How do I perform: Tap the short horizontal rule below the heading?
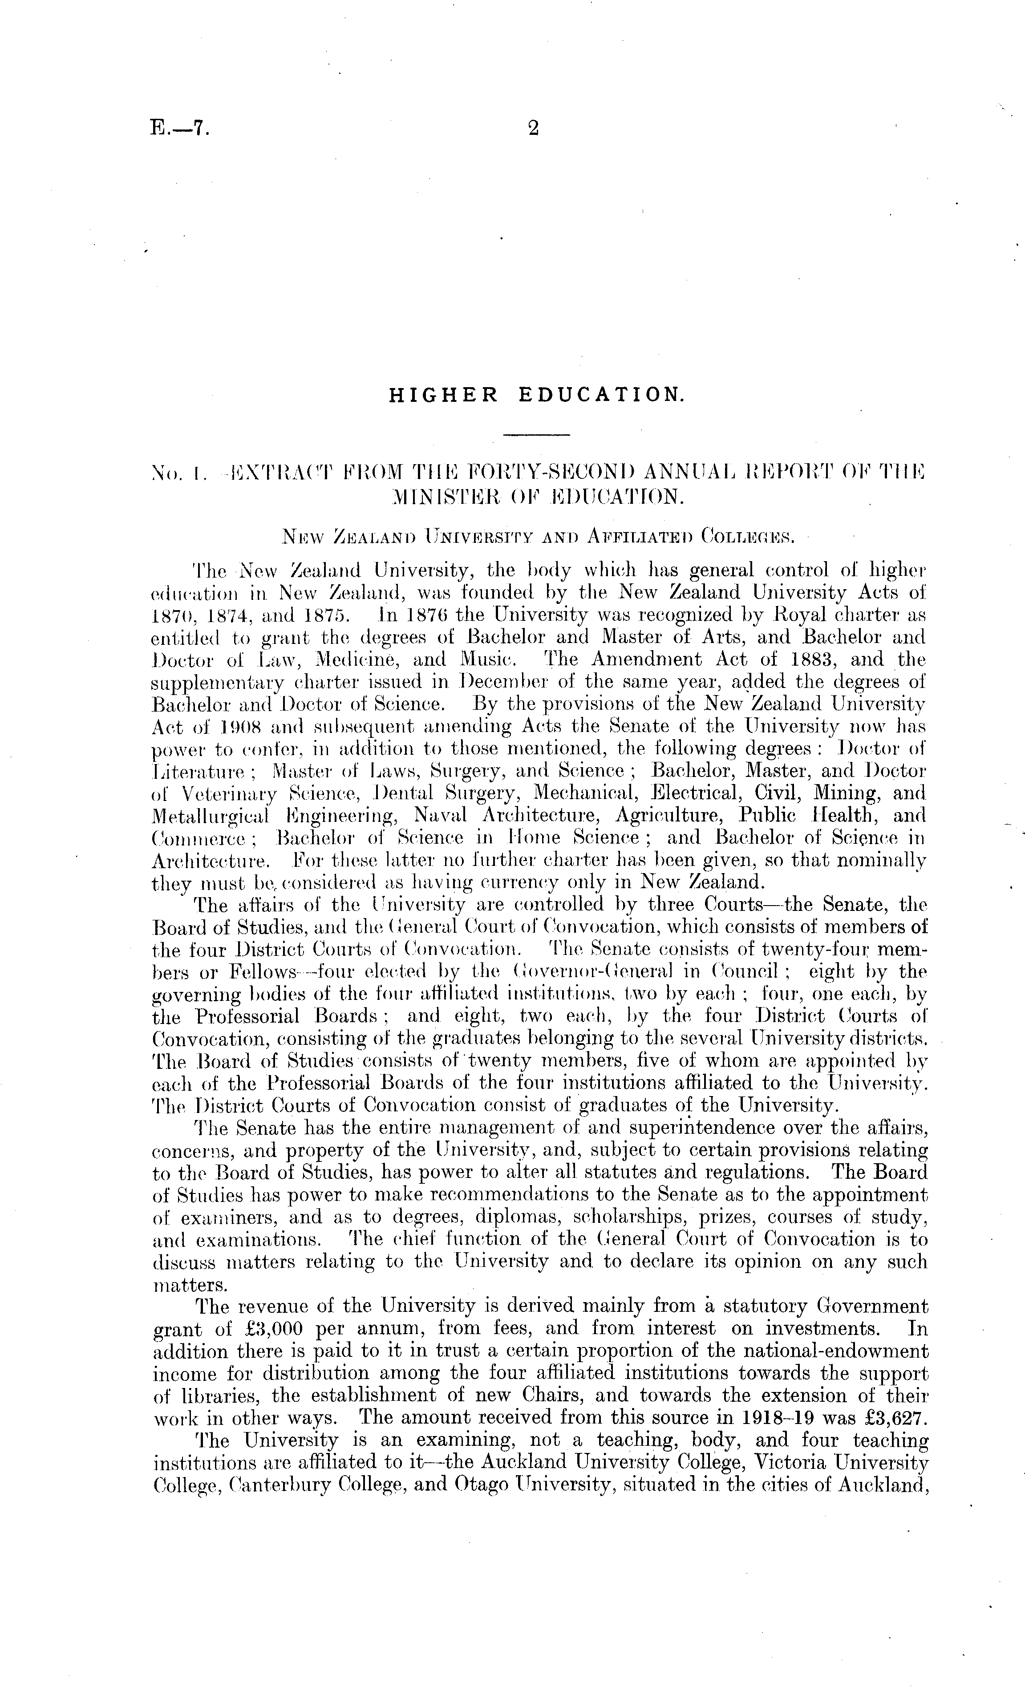[536, 434]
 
